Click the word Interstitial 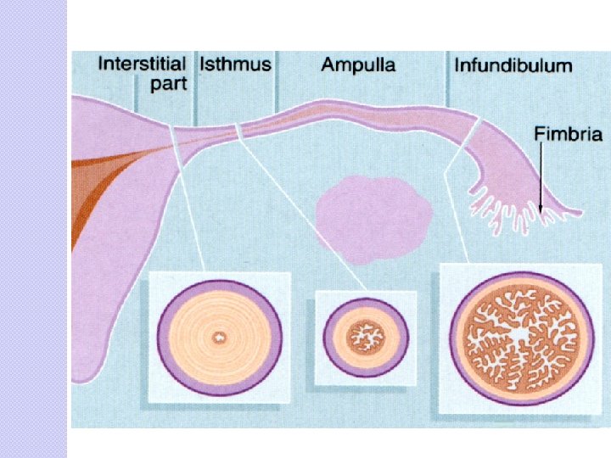pyautogui.click(x=143, y=64)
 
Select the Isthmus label pyautogui.click(x=235, y=64)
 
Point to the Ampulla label pyautogui.click(x=358, y=64)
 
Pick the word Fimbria pyautogui.click(x=568, y=133)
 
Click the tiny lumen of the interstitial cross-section pyautogui.click(x=220, y=338)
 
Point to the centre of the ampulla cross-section pyautogui.click(x=519, y=334)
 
